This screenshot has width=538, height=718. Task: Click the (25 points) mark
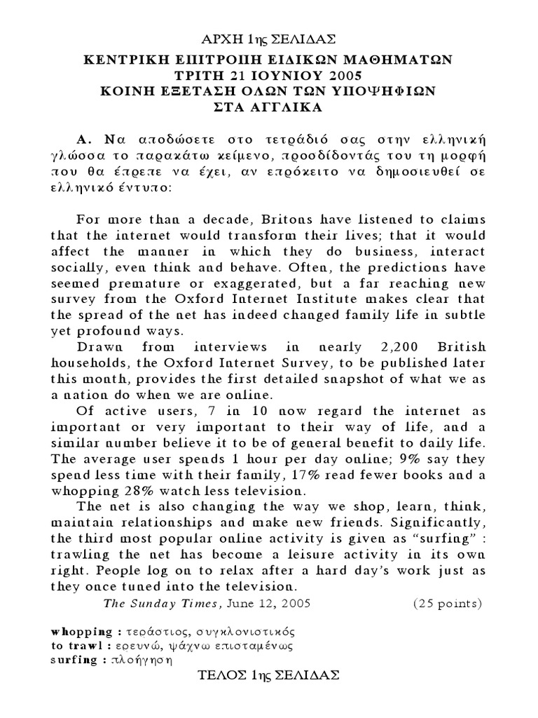pyautogui.click(x=447, y=602)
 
